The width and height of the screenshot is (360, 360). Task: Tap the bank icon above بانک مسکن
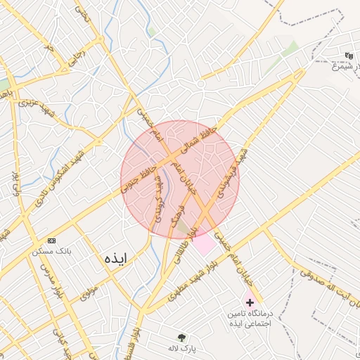tap(52, 240)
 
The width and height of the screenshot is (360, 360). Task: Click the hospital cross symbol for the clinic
tap(250, 301)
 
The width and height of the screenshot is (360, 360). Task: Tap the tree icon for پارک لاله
tap(182, 337)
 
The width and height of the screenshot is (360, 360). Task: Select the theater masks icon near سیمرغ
tap(349, 56)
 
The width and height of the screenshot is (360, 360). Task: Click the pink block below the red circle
tap(204, 245)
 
